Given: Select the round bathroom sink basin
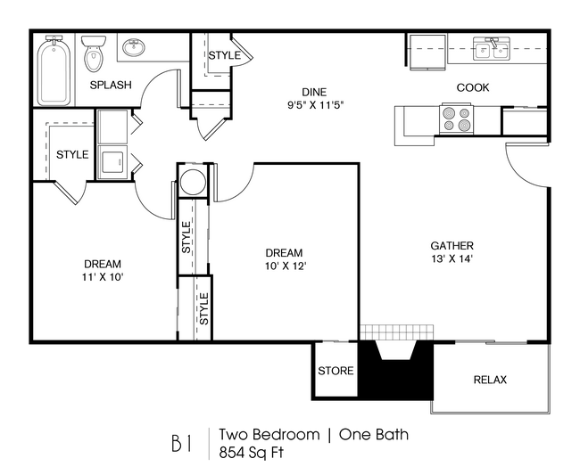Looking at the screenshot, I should point(135,47).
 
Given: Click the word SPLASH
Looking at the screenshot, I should point(111,86).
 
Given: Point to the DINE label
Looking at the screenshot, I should point(312,92).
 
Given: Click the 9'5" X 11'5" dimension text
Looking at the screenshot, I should point(312,104).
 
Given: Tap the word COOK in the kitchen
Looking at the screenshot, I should point(472,87).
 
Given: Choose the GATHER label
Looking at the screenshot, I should point(452,246).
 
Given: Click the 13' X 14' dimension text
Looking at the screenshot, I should point(452,259).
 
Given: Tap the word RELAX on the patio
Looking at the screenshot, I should point(489,380).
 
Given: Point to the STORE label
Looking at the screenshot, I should point(336,371).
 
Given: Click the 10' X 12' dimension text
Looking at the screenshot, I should point(284,266).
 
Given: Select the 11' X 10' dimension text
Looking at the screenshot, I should point(102,277).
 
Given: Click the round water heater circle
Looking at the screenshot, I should point(193,183).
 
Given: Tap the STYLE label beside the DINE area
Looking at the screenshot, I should point(224,55).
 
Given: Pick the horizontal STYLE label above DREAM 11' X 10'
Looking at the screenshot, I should point(72,154).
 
